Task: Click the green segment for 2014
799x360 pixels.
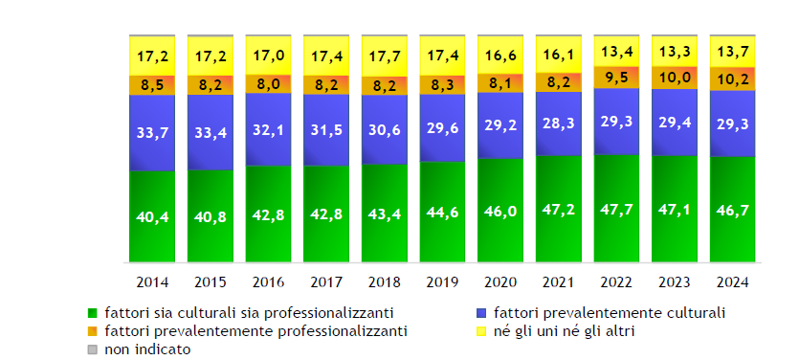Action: [x=152, y=216]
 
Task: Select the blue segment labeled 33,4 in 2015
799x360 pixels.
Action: [x=211, y=132]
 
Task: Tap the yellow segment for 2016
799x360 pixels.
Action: [x=269, y=55]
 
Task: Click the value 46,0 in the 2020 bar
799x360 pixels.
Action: [x=500, y=210]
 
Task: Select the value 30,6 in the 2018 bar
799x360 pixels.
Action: [x=385, y=129]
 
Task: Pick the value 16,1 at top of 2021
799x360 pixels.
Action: [x=559, y=54]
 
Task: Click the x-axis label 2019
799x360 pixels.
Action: [x=442, y=282]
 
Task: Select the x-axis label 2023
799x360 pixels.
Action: [x=675, y=282]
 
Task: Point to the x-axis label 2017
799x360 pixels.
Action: [x=326, y=282]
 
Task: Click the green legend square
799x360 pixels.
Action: [x=92, y=313]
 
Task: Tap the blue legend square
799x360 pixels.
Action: [x=479, y=313]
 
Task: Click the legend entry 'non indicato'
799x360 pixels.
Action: [x=147, y=349]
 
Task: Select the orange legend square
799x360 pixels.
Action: [x=92, y=331]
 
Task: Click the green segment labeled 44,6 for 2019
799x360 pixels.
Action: [x=442, y=212]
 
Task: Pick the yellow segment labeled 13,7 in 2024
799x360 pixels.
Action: [x=733, y=51]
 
